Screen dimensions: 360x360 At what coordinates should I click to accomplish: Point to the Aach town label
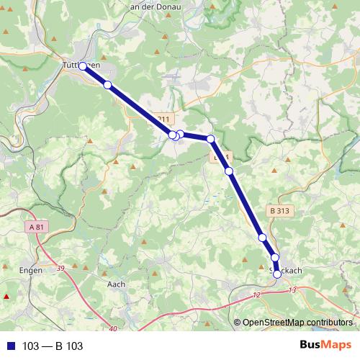tap(116, 284)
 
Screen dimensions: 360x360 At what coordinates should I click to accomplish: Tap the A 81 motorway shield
tap(40, 228)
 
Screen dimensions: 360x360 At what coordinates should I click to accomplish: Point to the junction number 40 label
tap(114, 329)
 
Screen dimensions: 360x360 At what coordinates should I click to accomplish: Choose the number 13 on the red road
tap(291, 289)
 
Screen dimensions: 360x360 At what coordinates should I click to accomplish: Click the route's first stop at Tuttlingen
tap(83, 66)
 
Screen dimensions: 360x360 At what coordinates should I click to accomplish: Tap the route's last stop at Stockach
tap(277, 274)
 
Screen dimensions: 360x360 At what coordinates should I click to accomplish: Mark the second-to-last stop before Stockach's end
tap(274, 257)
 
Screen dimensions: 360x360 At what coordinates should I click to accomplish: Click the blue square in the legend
tap(10, 346)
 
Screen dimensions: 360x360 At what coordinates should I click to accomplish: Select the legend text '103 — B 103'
tap(53, 346)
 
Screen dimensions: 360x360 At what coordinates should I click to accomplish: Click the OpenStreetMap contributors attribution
tap(297, 322)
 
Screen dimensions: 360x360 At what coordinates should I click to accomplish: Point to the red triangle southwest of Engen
tap(7, 296)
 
